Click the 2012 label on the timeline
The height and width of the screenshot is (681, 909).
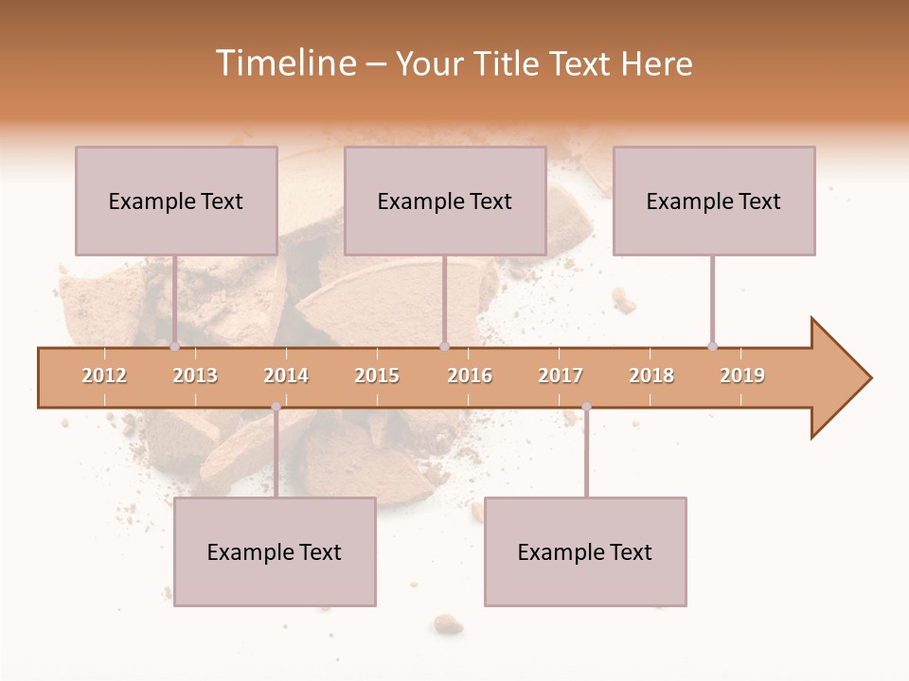tap(104, 375)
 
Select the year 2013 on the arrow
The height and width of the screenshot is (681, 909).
tap(195, 375)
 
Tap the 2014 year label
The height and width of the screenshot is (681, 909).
tap(286, 375)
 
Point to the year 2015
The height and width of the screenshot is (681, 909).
tap(377, 375)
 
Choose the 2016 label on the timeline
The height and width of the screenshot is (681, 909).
tap(470, 375)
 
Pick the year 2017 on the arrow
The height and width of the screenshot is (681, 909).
tap(561, 375)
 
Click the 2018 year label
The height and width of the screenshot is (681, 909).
tap(651, 375)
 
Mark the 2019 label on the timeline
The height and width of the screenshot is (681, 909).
tap(742, 375)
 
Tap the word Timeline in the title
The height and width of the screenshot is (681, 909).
tap(284, 63)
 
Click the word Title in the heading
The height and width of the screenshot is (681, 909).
tap(508, 63)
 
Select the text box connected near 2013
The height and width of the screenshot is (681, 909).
tap(176, 201)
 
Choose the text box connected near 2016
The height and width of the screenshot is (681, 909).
tap(445, 201)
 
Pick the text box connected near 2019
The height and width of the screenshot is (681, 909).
tap(714, 201)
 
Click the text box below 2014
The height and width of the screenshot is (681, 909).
tap(275, 551)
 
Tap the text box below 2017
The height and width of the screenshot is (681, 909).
tap(585, 551)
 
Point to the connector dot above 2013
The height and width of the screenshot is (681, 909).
tap(175, 346)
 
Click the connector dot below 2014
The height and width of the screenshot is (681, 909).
tap(276, 407)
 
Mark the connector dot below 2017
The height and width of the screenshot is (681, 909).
tap(586, 407)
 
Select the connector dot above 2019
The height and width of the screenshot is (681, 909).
tap(713, 346)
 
